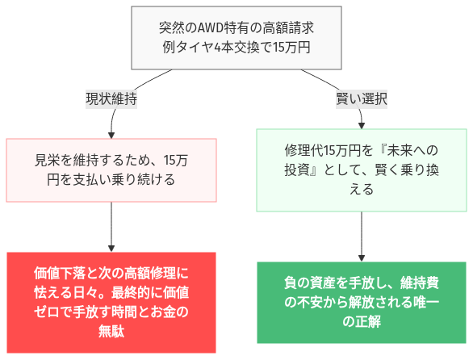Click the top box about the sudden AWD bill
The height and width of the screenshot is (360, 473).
click(x=236, y=37)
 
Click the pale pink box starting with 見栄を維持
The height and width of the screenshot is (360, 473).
click(x=111, y=170)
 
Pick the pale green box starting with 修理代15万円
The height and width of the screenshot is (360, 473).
click(x=361, y=170)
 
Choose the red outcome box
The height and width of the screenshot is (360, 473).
click(x=111, y=301)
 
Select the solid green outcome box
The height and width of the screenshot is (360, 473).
click(x=361, y=301)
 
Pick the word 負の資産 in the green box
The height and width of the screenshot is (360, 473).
click(x=310, y=283)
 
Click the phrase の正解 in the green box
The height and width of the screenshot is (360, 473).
click(x=361, y=320)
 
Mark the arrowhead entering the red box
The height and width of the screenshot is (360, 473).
click(x=111, y=248)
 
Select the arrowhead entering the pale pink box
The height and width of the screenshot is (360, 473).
click(x=111, y=135)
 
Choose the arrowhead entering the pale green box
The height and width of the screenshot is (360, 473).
click(x=361, y=125)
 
